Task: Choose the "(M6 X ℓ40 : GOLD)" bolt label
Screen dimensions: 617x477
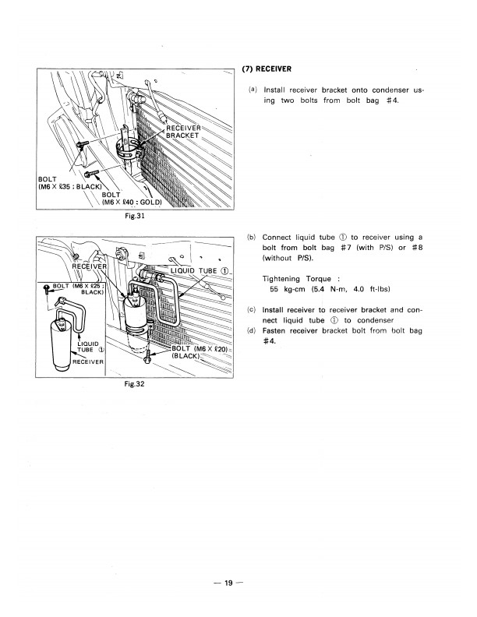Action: (x=131, y=203)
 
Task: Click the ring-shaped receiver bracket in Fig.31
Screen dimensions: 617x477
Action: (x=128, y=153)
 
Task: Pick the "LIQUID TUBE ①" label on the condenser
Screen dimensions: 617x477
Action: (x=199, y=271)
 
